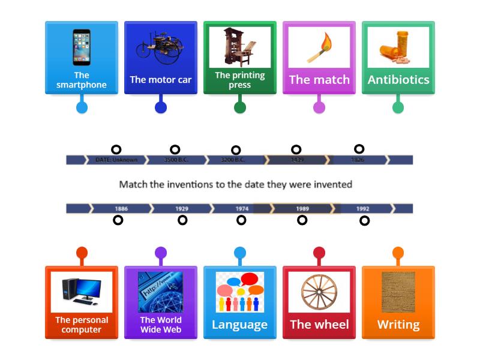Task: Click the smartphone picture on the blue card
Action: [x=82, y=47]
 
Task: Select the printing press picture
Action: [x=239, y=47]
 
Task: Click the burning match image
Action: [x=319, y=47]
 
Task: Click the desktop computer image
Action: [x=82, y=292]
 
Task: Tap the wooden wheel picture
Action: [x=319, y=292]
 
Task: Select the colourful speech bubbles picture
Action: [x=239, y=292]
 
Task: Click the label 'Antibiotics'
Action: [x=398, y=80]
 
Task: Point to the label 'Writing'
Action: [x=398, y=325]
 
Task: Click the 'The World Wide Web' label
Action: [x=161, y=325]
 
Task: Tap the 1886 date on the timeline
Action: [x=121, y=209]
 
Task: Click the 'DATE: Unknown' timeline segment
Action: [x=116, y=160]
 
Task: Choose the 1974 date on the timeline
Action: [x=242, y=209]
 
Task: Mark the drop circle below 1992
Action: [x=364, y=221]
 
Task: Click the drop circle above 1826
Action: [x=359, y=149]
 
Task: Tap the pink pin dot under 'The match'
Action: [x=319, y=107]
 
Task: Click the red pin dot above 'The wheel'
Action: [x=319, y=253]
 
